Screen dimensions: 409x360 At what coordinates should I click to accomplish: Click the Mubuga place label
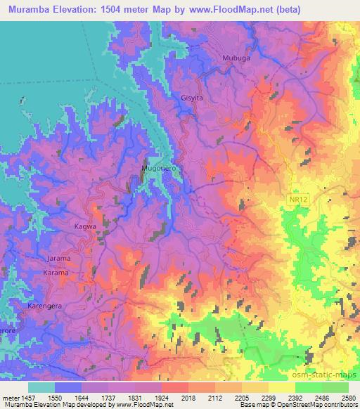pos(235,58)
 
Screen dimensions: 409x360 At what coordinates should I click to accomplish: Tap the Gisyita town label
pos(192,98)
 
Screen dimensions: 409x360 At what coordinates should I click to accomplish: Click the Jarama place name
pos(59,258)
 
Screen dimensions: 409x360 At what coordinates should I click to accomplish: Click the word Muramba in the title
pos(30,9)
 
